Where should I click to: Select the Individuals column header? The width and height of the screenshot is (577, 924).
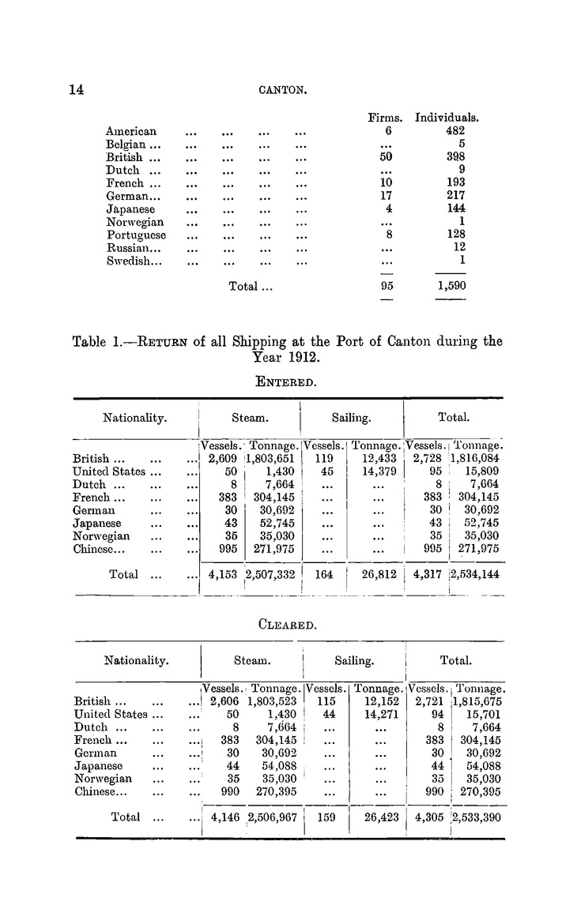tap(448, 118)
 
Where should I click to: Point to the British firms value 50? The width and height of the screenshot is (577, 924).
tap(387, 157)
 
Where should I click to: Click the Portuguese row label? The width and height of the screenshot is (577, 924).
tap(136, 235)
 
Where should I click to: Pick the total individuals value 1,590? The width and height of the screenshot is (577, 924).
tap(451, 287)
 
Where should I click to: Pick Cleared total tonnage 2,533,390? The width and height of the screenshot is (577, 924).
tap(477, 817)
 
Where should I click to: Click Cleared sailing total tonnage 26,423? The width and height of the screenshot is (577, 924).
tap(371, 817)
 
